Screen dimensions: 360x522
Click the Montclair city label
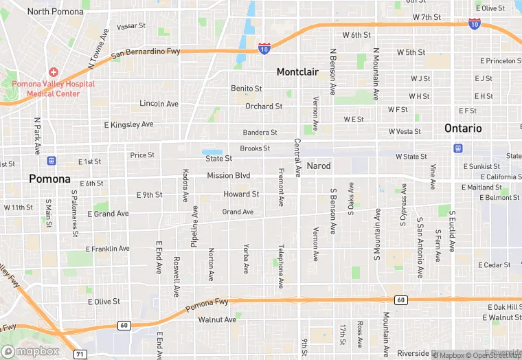[x=299, y=71]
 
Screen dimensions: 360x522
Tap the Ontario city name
[x=463, y=128]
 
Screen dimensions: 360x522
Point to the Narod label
[x=318, y=166]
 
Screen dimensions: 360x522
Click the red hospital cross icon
[x=53, y=72]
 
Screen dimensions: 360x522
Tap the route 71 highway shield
[x=80, y=354]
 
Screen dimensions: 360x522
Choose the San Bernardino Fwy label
[x=146, y=52]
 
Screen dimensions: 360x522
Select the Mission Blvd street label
[x=229, y=176]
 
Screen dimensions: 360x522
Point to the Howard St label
[x=241, y=194]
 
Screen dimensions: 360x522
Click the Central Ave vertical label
[x=297, y=157]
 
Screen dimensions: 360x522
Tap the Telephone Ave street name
[x=280, y=265]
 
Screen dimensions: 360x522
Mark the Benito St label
[x=246, y=89]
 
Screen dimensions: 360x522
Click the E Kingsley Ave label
[x=128, y=125]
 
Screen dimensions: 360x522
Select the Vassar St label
[x=131, y=26]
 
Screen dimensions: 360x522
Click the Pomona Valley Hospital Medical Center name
[x=53, y=89]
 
